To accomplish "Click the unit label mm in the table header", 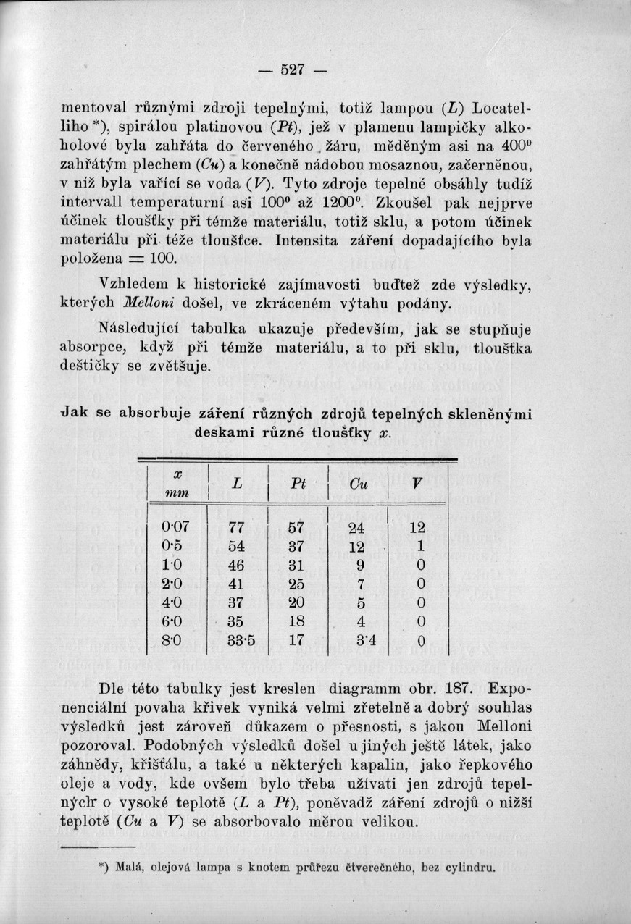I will click(177, 493).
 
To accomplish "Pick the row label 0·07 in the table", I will click(175, 528).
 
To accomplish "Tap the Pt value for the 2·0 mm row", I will click(296, 583).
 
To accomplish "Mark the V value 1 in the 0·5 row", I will click(417, 546).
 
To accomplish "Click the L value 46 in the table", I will click(236, 565).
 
